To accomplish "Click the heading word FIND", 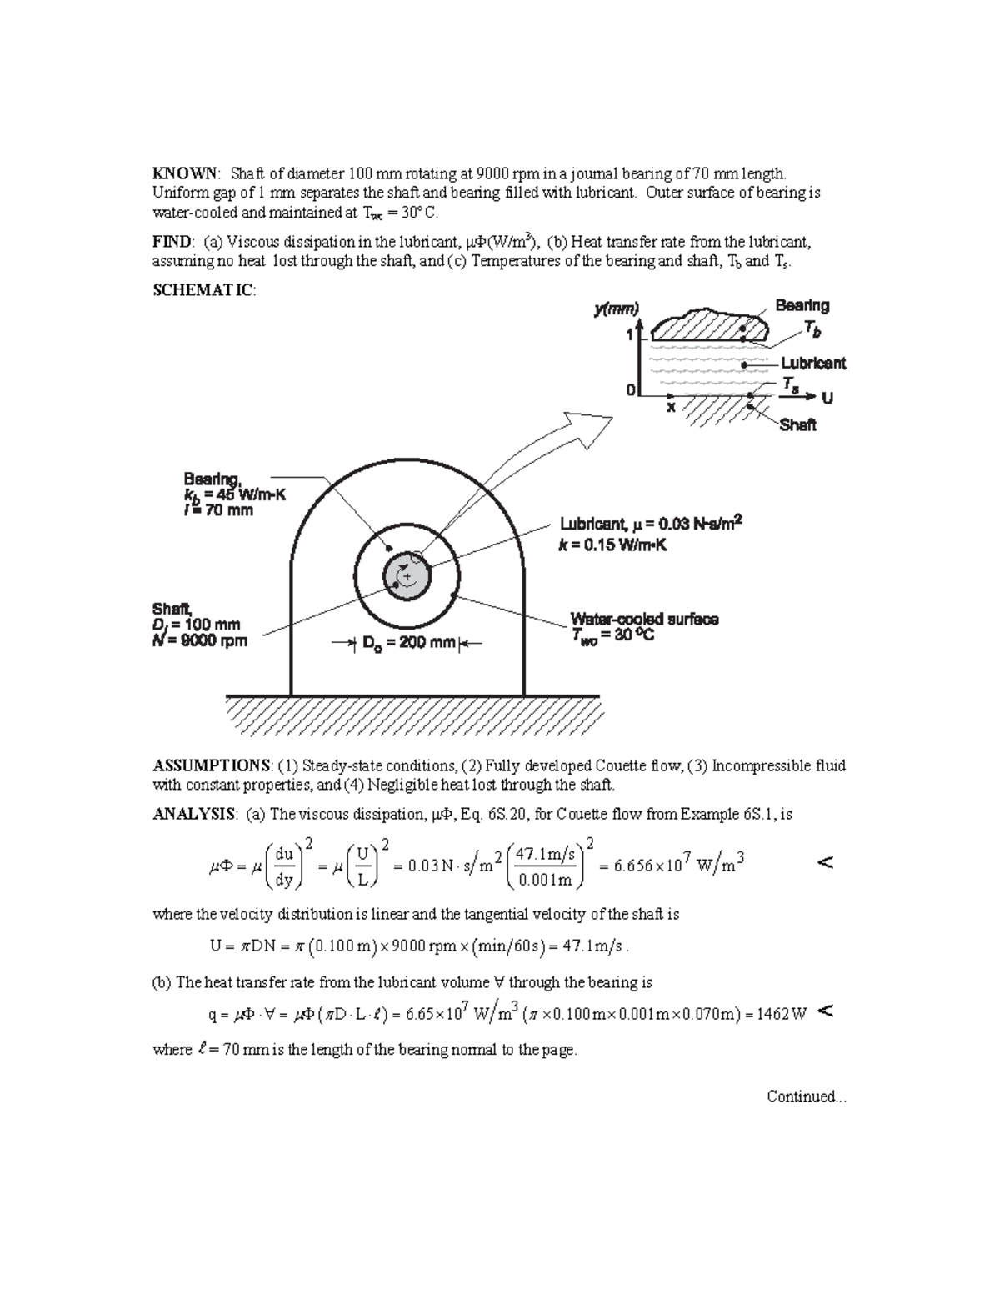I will pyautogui.click(x=172, y=242).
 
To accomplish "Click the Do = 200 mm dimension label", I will pyautogui.click(x=409, y=643).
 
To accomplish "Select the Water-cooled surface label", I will pyautogui.click(x=643, y=620).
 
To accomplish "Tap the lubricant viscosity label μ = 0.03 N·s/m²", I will pyautogui.click(x=650, y=524).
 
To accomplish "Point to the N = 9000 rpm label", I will pyautogui.click(x=200, y=641).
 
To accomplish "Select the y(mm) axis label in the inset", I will pyautogui.click(x=616, y=309).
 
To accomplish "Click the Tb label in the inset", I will pyautogui.click(x=812, y=331).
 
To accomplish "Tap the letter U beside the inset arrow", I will pyautogui.click(x=827, y=398).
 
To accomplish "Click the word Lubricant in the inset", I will pyautogui.click(x=812, y=363).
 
